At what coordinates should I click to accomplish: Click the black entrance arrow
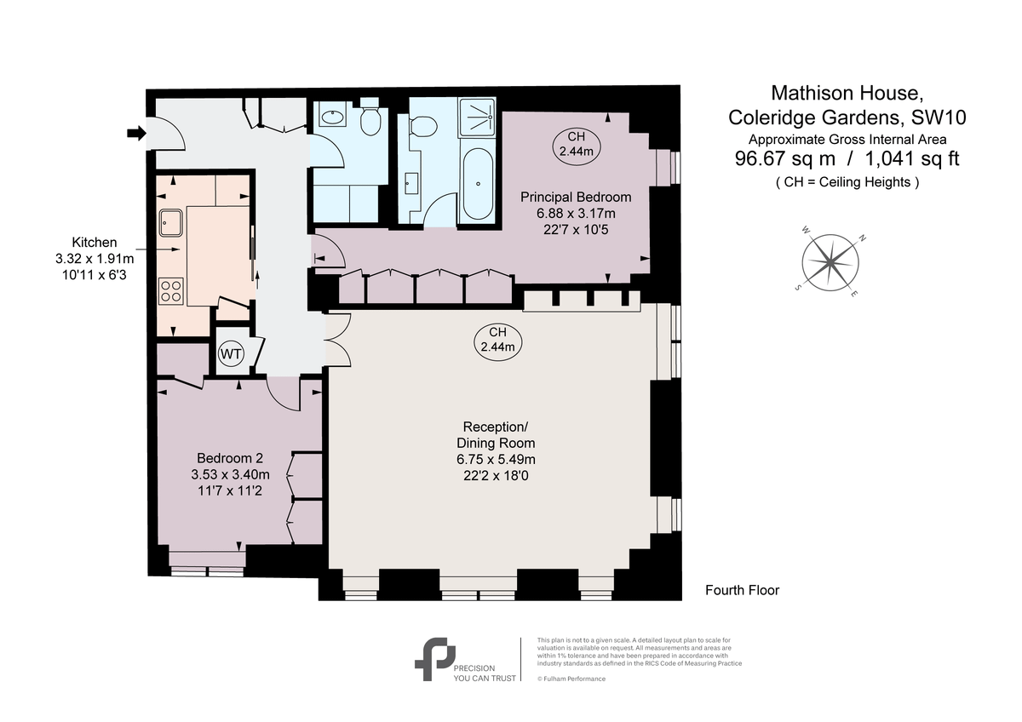135,133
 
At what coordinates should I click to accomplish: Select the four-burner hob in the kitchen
171,291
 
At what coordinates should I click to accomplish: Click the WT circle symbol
231,352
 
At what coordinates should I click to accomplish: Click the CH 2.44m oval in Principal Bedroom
576,144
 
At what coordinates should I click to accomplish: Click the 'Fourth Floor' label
742,590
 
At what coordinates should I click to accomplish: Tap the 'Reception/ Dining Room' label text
496,434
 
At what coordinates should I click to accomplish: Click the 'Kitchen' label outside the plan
95,243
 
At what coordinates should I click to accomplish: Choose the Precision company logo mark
433,659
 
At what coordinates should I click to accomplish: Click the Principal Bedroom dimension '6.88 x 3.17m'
576,213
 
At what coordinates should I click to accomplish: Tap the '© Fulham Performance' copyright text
571,679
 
